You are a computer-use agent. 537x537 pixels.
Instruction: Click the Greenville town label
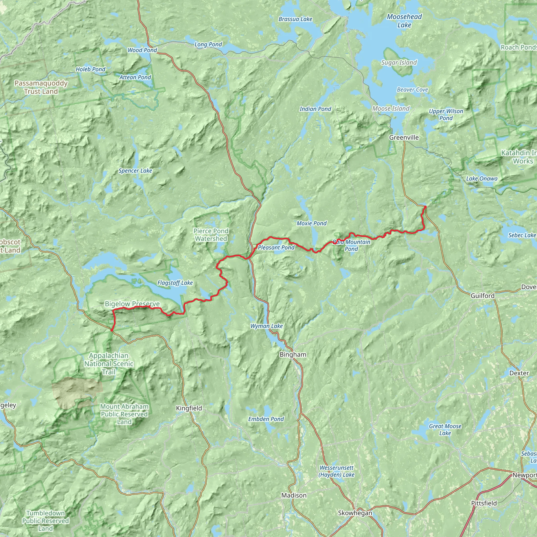point(404,138)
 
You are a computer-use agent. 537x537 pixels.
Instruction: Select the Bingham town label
point(293,355)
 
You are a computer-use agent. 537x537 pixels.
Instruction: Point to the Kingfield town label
point(189,408)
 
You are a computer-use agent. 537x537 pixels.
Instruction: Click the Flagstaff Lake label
point(175,283)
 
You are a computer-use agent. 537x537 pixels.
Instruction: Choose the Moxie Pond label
point(312,223)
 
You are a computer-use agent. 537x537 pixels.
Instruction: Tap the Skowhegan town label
point(355,513)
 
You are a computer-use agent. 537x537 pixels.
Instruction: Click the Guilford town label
point(482,296)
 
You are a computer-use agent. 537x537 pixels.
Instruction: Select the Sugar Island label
point(399,63)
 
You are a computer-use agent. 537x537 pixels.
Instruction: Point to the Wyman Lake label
point(267,326)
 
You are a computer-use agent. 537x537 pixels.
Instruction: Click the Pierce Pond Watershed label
point(211,235)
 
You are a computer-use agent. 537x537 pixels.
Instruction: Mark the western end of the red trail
point(112,330)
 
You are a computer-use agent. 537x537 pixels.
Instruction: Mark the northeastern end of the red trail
point(425,207)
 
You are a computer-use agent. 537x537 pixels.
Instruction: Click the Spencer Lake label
point(135,171)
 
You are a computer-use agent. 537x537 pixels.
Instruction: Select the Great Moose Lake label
point(445,429)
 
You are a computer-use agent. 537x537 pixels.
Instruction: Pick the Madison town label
point(294,495)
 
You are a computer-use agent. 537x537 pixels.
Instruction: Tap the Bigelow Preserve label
point(132,304)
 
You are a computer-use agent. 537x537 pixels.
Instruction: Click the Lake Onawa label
point(482,179)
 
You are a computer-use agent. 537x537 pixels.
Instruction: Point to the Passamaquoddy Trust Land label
point(41,87)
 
